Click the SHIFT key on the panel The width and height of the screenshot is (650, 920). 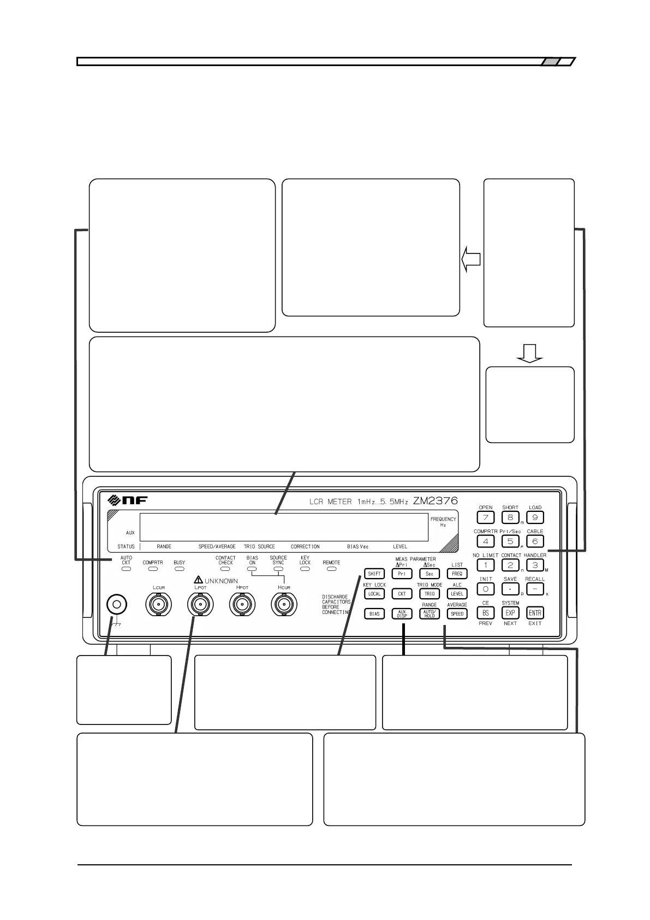click(374, 574)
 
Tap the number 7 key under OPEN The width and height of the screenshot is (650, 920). click(485, 517)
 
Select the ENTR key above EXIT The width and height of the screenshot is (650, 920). click(535, 613)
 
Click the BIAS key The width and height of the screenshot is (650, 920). click(374, 614)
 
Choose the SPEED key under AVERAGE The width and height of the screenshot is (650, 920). click(457, 614)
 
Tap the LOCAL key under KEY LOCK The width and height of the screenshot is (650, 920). click(374, 594)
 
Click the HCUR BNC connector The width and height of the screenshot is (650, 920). click(284, 604)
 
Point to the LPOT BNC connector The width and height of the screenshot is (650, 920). click(200, 604)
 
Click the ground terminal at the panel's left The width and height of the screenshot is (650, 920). click(116, 604)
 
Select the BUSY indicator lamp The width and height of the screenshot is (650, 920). click(179, 569)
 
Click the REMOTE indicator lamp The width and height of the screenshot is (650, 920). click(331, 569)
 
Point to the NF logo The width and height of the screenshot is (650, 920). click(128, 500)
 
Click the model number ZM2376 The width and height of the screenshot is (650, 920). click(435, 500)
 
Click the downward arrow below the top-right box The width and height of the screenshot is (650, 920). click(529, 353)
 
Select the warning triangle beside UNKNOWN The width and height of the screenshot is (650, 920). click(199, 580)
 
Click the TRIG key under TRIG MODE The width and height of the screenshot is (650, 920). click(430, 594)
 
